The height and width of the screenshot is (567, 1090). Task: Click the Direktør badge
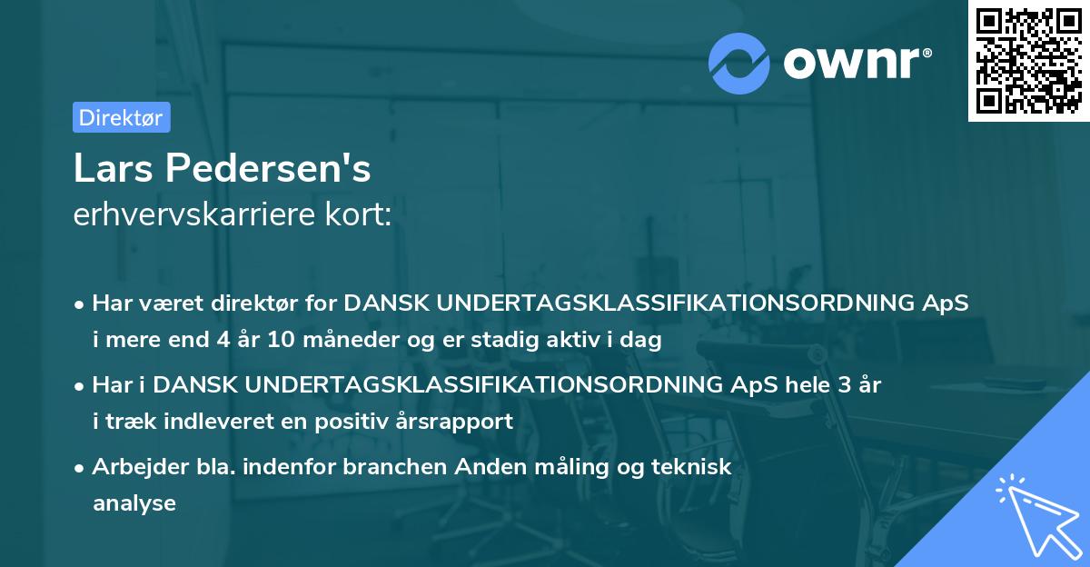coord(121,117)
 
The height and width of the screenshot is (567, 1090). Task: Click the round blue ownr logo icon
coord(739,64)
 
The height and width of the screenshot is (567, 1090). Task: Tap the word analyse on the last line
coord(134,502)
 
